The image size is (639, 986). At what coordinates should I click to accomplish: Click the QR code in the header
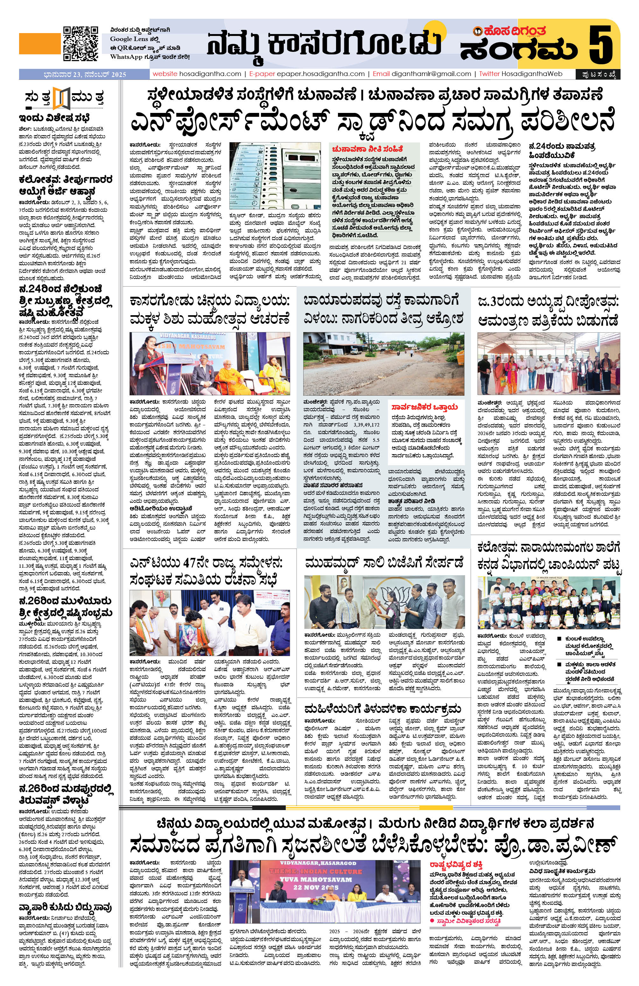point(81,44)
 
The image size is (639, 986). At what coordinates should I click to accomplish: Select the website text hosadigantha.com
point(210,74)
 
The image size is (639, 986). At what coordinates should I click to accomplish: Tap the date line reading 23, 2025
point(85,74)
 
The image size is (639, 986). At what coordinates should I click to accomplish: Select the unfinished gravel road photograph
point(383,363)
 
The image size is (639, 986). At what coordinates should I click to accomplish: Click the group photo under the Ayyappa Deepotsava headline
point(548,363)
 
